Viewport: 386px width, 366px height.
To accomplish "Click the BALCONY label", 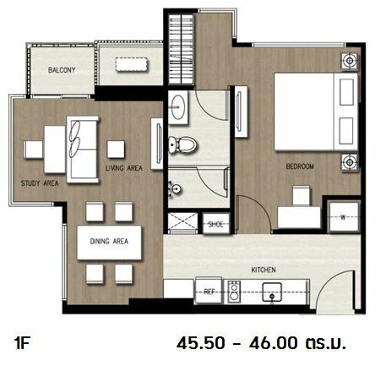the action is click(x=62, y=70).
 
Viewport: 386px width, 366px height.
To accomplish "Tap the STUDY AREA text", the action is click(x=40, y=183).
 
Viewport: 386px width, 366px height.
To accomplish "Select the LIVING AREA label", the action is click(x=124, y=168).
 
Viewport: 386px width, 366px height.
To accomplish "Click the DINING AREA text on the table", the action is click(x=109, y=241).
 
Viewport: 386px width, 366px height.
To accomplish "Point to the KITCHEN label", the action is click(x=264, y=270).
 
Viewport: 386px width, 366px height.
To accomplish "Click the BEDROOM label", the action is click(x=300, y=167).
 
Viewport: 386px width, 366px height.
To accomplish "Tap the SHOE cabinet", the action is click(x=216, y=223).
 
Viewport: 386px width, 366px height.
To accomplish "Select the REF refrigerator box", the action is click(x=209, y=291).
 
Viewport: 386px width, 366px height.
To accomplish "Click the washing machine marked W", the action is click(x=344, y=217).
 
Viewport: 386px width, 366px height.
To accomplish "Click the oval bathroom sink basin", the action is click(x=178, y=107).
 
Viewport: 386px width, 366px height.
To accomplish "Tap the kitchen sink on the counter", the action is click(x=272, y=292).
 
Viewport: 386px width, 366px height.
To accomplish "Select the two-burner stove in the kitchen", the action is click(x=234, y=292).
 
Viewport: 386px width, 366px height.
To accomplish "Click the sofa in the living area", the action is click(x=82, y=150).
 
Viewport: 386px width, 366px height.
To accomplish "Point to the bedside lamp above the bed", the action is click(x=350, y=61).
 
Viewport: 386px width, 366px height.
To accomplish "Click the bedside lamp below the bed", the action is click(x=350, y=162).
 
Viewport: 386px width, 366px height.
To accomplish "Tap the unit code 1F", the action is click(x=22, y=343).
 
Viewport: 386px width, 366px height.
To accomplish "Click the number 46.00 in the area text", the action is click(x=273, y=343).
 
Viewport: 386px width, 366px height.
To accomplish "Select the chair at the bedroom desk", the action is click(x=302, y=195).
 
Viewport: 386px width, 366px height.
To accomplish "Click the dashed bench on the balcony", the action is click(x=132, y=64).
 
